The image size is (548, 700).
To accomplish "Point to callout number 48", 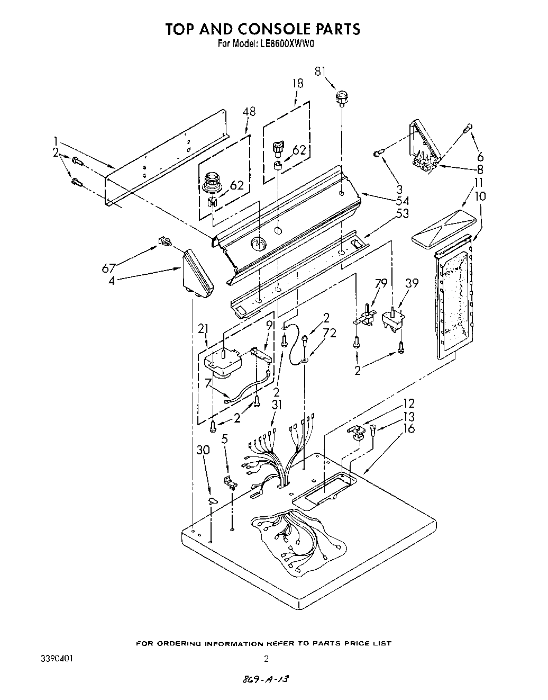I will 249,112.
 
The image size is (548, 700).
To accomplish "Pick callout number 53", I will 403,213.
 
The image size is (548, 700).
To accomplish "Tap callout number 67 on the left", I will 109,268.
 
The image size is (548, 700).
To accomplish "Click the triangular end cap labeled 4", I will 197,273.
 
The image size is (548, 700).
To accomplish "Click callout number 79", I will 380,283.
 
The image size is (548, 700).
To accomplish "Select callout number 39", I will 411,283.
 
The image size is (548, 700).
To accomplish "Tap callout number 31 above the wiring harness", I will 278,405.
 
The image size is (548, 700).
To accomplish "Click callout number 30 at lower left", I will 203,450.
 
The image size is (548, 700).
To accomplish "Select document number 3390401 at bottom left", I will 57,659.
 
